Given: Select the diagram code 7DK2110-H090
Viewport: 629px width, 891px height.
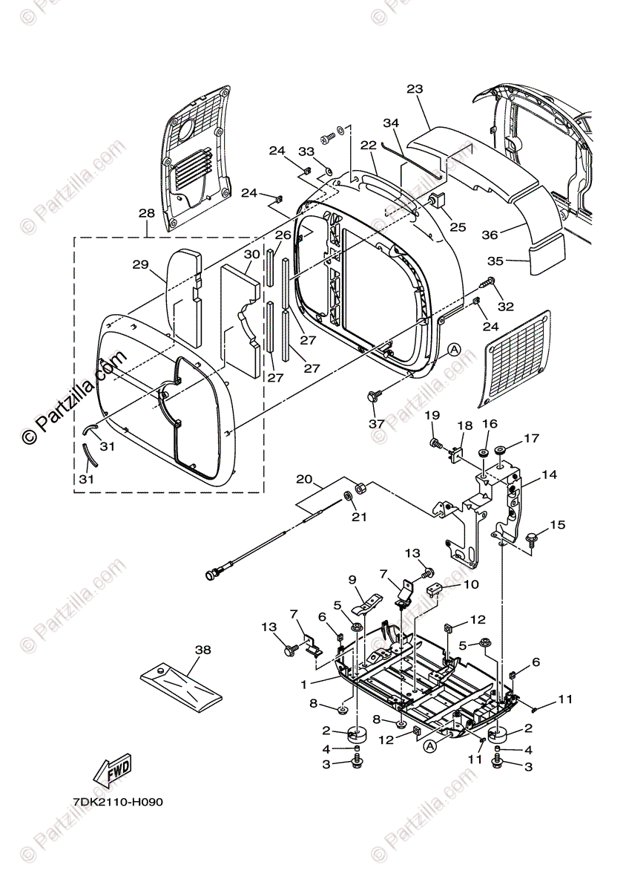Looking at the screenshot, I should pyautogui.click(x=118, y=803).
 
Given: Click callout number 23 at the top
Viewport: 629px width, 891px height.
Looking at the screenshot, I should pyautogui.click(x=414, y=89).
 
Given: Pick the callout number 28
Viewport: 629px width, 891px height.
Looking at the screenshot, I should pyautogui.click(x=146, y=213).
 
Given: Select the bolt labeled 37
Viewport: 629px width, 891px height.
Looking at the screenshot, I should pyautogui.click(x=373, y=397).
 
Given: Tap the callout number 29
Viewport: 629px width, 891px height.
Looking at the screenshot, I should pyautogui.click(x=141, y=264).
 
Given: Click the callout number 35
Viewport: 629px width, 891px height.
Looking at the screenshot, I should pyautogui.click(x=495, y=261).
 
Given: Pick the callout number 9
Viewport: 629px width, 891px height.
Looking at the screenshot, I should pyautogui.click(x=353, y=579).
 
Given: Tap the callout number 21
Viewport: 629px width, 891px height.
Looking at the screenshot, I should pyautogui.click(x=359, y=517).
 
